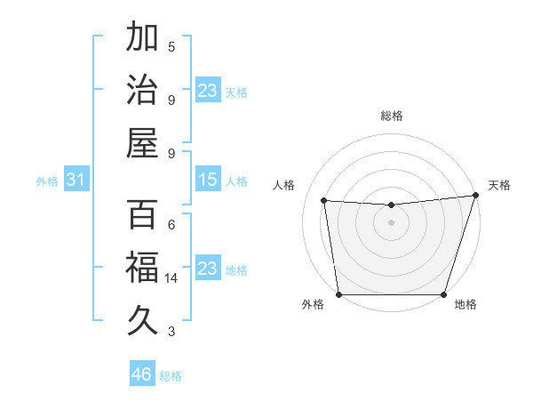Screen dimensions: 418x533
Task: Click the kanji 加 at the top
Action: (142, 38)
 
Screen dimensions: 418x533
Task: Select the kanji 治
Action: (142, 90)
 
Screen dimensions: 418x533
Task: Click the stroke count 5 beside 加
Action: (171, 46)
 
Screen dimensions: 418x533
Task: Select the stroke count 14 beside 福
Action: (171, 278)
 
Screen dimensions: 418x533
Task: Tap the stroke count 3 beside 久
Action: (171, 332)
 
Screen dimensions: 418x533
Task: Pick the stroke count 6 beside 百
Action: (171, 224)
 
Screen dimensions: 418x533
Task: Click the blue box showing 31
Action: (76, 181)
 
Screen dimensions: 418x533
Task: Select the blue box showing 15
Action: (208, 181)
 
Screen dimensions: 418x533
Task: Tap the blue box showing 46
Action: (141, 374)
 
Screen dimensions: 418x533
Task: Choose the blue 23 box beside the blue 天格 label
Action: (208, 91)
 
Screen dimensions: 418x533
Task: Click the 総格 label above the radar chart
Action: (391, 116)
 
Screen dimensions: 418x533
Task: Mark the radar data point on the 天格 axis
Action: (476, 196)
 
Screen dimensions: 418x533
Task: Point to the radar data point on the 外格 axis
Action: (338, 294)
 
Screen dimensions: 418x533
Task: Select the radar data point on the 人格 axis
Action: (324, 201)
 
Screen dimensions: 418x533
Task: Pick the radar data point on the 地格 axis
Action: (443, 294)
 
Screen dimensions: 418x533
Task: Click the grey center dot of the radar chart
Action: (391, 222)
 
